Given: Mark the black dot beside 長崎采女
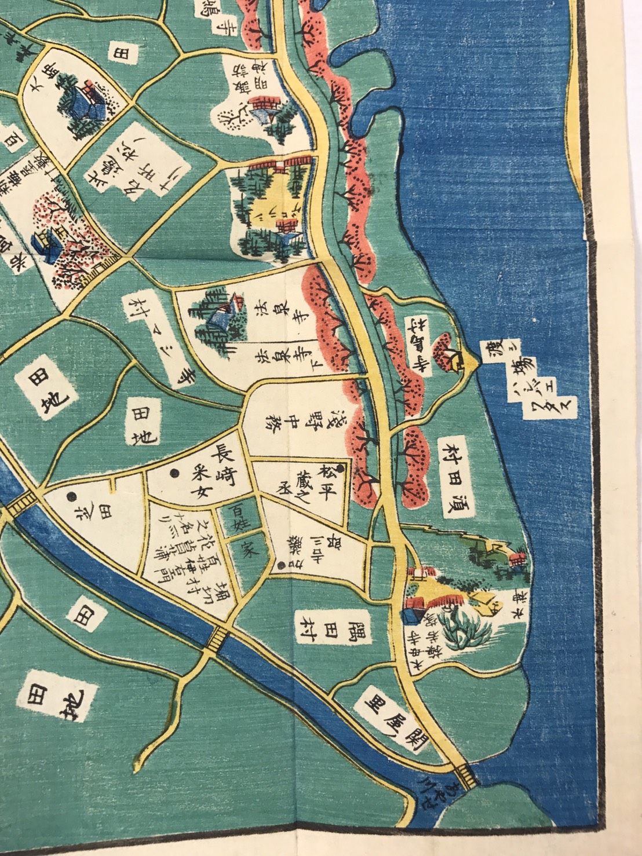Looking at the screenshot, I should [173, 473].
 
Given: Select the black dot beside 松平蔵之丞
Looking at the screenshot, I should [340, 468].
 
